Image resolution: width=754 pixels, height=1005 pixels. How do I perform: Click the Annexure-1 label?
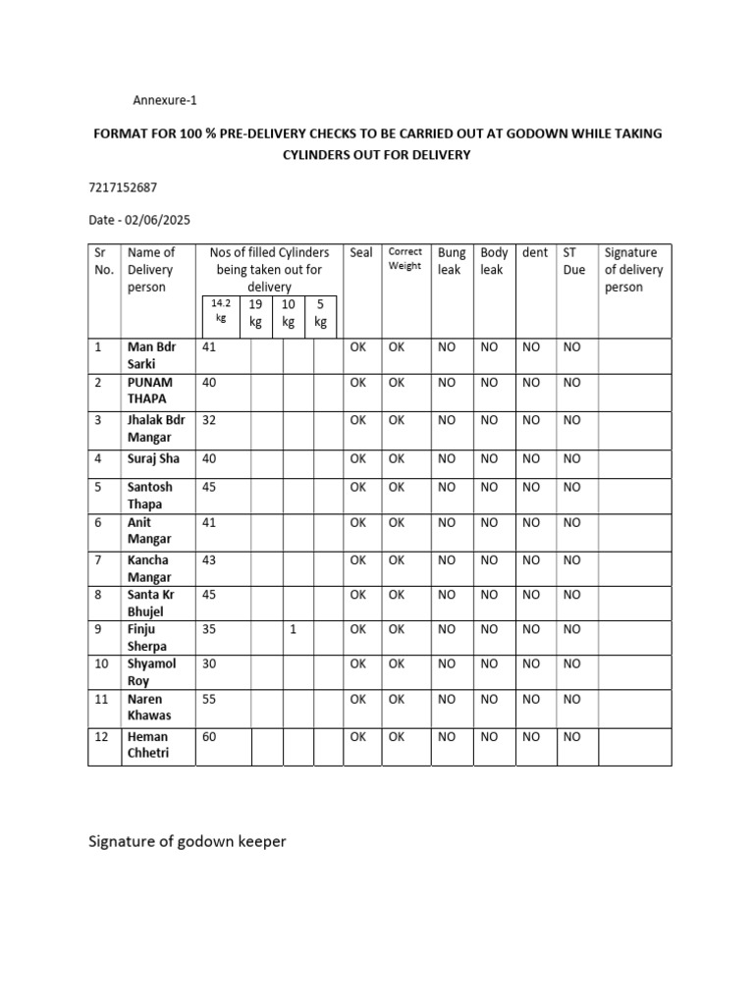point(171,100)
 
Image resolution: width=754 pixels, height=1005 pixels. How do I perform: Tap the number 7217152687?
point(123,186)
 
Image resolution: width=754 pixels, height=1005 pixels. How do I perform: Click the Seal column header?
point(361,253)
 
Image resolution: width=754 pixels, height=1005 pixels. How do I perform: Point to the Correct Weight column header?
point(404,259)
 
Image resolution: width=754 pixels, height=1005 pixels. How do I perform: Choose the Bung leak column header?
point(452,261)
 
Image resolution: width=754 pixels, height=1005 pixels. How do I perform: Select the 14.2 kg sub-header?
point(220,311)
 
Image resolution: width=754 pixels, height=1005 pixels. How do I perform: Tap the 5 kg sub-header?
point(320,313)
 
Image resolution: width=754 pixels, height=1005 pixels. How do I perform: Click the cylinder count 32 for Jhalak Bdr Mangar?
point(209,420)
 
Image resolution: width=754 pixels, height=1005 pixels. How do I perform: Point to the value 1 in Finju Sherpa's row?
point(293,630)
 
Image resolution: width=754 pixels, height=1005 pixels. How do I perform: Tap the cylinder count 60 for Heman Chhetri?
point(209,737)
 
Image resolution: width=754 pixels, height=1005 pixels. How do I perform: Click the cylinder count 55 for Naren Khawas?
point(209,700)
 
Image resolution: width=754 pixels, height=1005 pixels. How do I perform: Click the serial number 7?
point(98,560)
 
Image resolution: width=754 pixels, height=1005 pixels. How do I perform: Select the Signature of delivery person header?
point(634,270)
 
